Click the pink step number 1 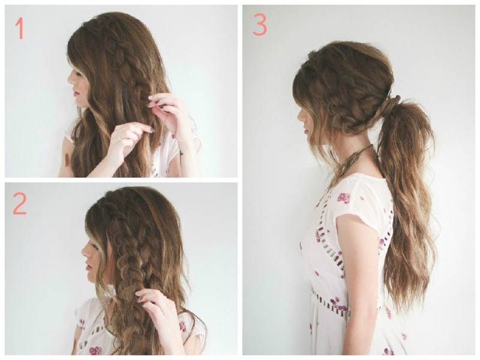(x=20, y=28)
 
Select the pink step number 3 (x=260, y=25)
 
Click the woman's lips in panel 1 (x=74, y=94)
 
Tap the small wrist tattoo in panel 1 (x=181, y=152)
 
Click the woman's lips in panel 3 (x=305, y=131)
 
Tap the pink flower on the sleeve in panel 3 (x=344, y=198)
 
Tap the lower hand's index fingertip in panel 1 (x=151, y=130)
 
